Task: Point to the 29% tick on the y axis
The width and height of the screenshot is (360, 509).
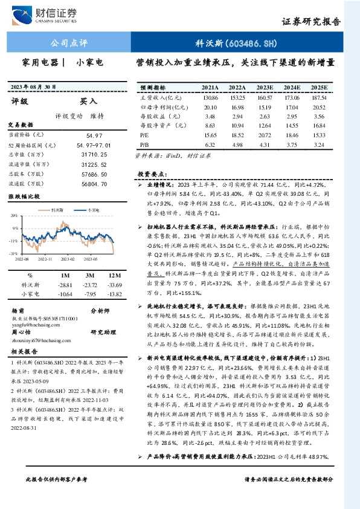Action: (13, 215)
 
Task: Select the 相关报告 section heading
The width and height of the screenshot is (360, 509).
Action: (25, 351)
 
